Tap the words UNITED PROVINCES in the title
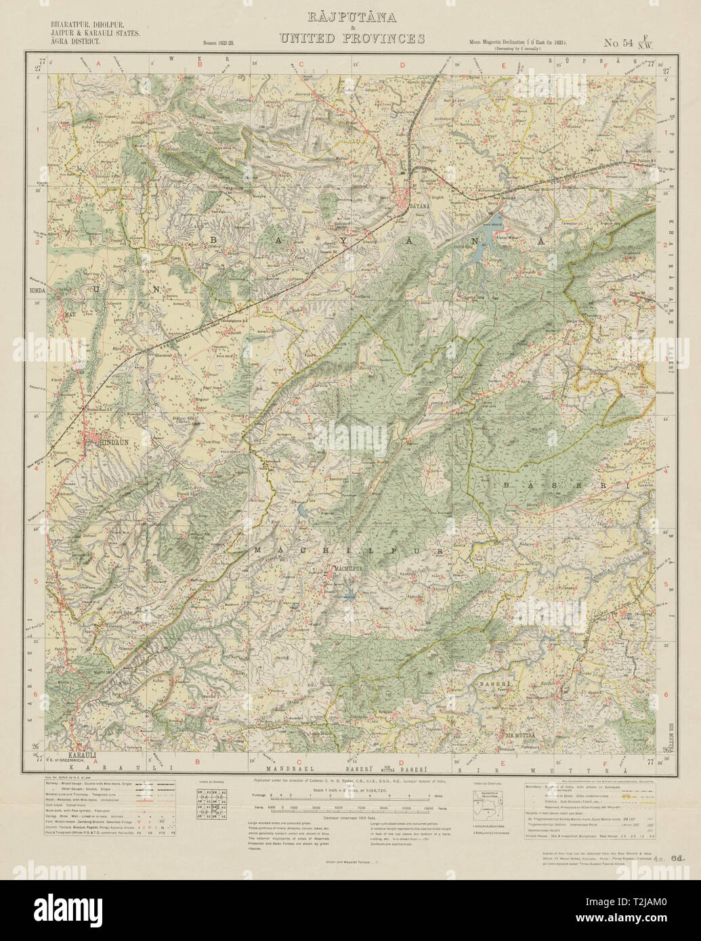(352, 39)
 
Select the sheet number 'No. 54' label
(619, 43)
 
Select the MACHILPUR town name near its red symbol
(347, 567)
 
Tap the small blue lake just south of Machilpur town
(348, 596)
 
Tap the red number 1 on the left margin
(37, 128)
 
